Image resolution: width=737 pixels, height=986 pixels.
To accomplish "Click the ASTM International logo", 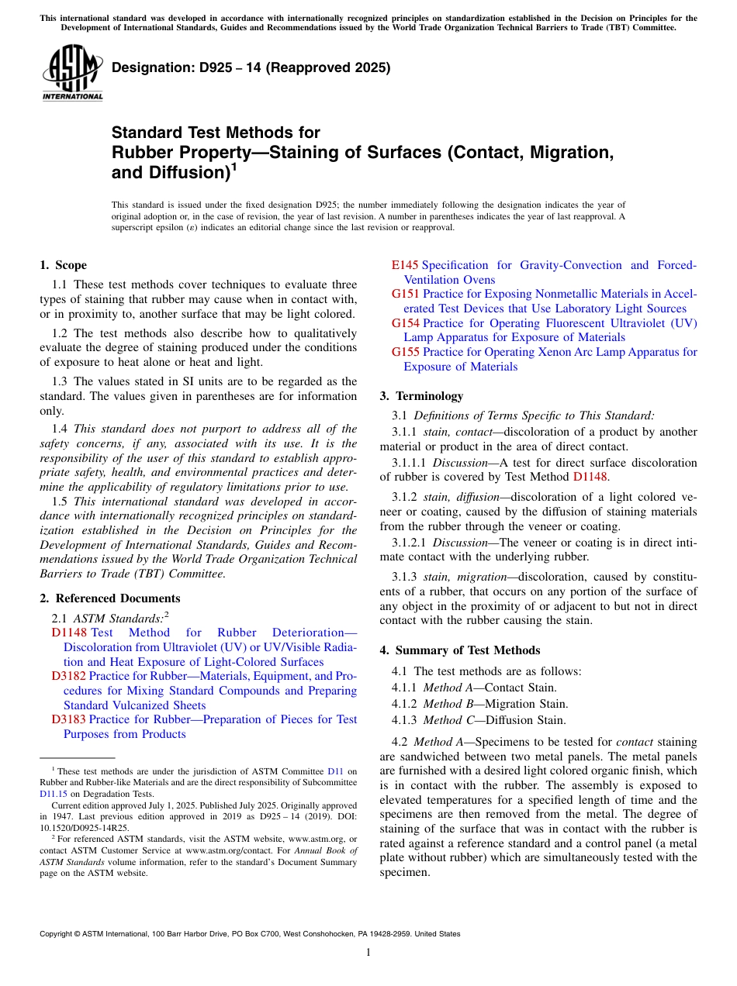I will pos(71,73).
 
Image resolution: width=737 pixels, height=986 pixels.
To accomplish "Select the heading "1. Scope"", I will pos(63,265).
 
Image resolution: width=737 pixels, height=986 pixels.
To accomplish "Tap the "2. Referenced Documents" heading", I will pos(109,598).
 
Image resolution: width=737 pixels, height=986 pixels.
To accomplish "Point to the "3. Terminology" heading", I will pos(421,396).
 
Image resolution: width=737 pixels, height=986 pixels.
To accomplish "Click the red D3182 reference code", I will pos(68,676).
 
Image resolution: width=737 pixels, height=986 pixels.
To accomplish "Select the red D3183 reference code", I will pos(68,719).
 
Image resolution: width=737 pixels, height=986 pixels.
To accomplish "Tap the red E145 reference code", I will pos(404,265).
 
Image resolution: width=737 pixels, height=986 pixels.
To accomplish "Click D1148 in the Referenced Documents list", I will pos(69,633).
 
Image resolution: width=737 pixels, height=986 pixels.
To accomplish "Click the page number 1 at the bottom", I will pos(368,953).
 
